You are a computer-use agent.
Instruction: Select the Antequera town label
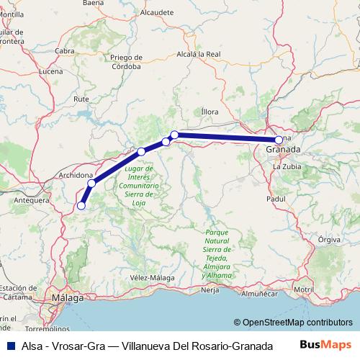coord(31,199)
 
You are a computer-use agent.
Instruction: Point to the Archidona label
coord(75,175)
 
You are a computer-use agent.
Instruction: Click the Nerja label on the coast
coord(210,290)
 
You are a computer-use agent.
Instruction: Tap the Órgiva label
coord(328,238)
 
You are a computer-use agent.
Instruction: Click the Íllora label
coord(209,112)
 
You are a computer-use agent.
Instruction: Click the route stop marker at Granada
coord(279,140)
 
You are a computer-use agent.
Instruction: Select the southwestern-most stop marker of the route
coord(81,206)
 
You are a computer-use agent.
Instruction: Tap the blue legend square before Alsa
coord(7,346)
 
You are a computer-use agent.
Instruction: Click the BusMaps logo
coord(326,345)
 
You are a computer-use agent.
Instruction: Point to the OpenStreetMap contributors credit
coord(295,322)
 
